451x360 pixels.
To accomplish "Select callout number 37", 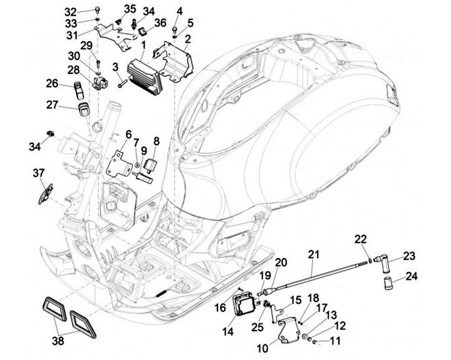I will tap(39, 173).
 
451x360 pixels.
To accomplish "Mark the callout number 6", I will tap(128, 135).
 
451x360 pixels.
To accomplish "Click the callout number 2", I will tap(187, 41).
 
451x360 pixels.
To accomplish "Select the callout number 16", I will tap(220, 307).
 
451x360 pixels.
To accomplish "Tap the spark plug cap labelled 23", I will tap(383, 264).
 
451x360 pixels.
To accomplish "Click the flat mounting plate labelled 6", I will tap(119, 165).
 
